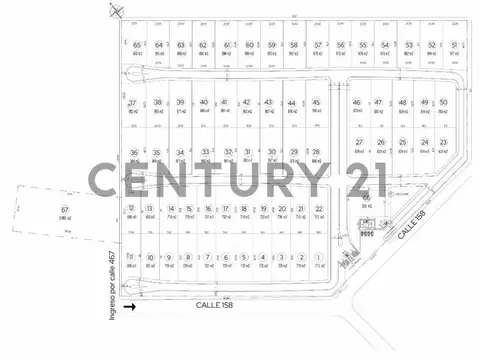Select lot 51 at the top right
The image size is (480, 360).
(455, 45)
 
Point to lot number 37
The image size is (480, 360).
(132, 103)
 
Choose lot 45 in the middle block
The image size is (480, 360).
(316, 103)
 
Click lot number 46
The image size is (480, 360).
(357, 103)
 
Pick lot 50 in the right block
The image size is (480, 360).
(443, 103)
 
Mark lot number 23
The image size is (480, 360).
(443, 143)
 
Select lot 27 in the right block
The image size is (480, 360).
(358, 143)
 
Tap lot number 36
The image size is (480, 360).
(134, 153)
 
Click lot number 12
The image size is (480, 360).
(132, 208)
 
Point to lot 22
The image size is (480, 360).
(318, 208)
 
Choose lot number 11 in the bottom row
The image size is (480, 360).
(132, 257)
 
